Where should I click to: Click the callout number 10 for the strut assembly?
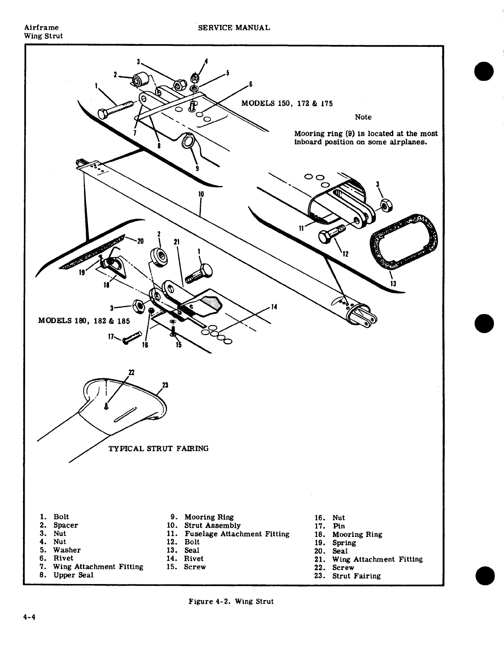tap(201, 194)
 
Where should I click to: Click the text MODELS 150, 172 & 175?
tap(287, 103)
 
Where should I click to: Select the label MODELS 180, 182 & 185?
tap(84, 320)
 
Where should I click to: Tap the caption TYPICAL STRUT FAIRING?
tap(158, 448)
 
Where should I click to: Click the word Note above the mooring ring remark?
tap(363, 117)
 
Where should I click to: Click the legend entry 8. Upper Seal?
tap(67, 575)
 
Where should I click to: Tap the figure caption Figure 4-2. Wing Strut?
tap(231, 601)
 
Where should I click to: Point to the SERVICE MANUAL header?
tap(234, 28)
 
